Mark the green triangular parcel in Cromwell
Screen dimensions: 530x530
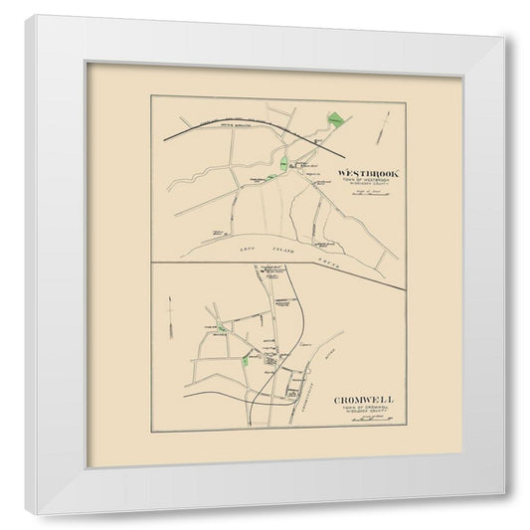pos(221,329)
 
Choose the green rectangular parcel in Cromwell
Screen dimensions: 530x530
pos(245,361)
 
